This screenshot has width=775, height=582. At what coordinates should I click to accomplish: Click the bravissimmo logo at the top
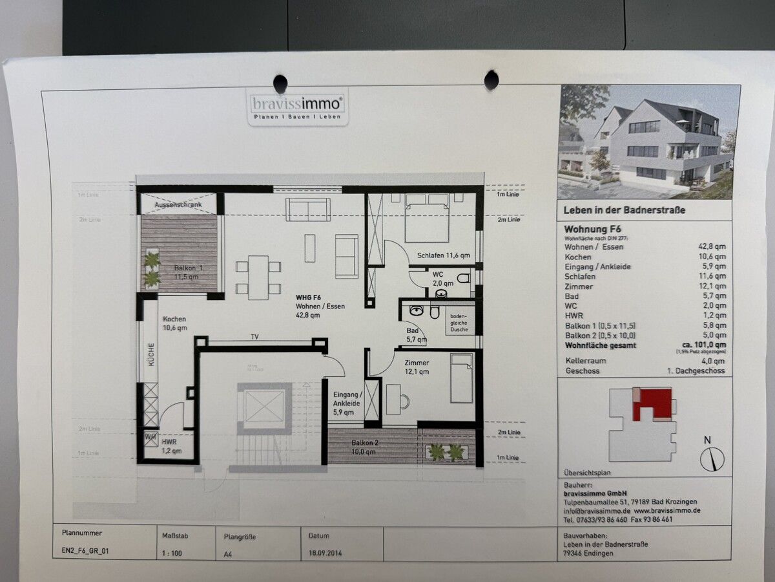coord(297,107)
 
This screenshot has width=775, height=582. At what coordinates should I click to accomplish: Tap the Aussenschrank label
coord(178,205)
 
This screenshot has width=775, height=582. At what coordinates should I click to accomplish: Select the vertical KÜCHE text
coord(150,355)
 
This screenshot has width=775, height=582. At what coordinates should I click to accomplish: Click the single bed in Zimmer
coord(462,378)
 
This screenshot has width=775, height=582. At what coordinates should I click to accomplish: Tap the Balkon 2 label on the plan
coord(366,447)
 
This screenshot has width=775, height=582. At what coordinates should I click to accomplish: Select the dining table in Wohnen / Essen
coord(258,277)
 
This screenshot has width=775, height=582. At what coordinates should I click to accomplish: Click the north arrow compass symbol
coord(712,458)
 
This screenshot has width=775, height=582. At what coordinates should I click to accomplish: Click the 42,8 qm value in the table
coord(712,246)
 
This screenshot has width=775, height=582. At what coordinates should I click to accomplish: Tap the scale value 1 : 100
coord(170,554)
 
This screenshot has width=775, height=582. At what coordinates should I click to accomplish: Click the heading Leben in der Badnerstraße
coord(624,210)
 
